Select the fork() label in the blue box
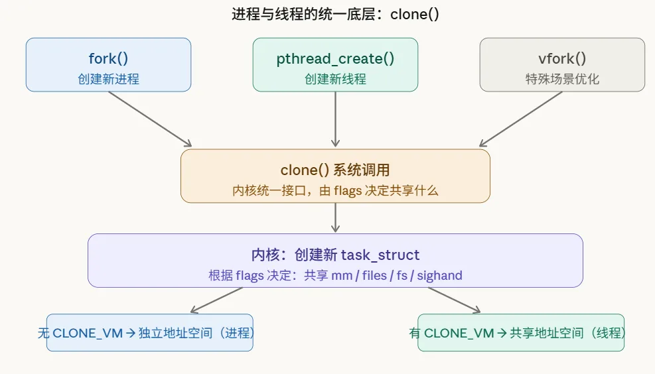tap(108, 58)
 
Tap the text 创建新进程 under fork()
tap(108, 79)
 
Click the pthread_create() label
tap(335, 58)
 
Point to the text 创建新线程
tap(335, 79)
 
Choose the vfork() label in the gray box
tap(562, 58)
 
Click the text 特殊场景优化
tap(562, 79)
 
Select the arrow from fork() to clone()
tap(149, 119)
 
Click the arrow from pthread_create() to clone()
tap(335, 119)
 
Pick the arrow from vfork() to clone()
tap(521, 119)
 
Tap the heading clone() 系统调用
tap(335, 170)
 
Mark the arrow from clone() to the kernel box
tap(335, 218)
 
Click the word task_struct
tap(380, 255)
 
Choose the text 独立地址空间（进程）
tap(196, 333)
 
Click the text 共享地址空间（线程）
tap(567, 333)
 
